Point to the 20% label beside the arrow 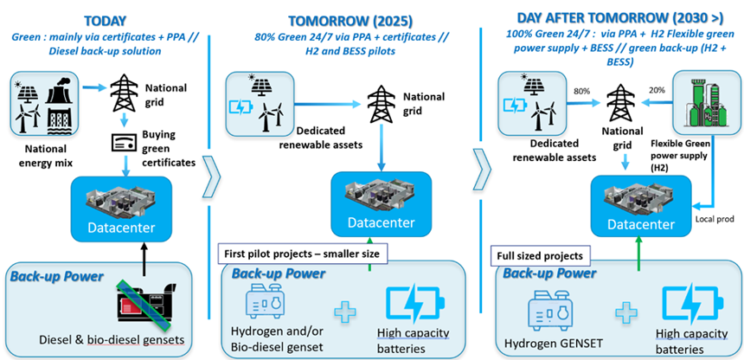(657, 89)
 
